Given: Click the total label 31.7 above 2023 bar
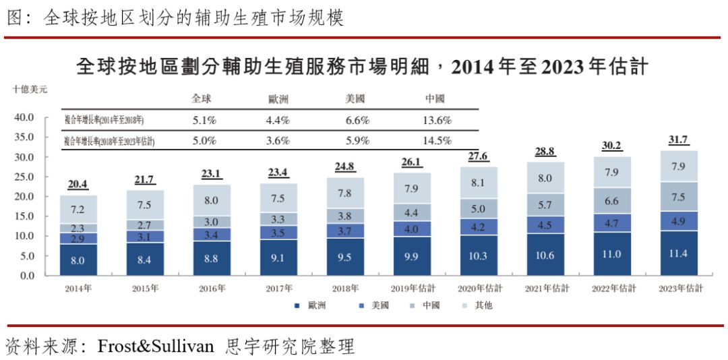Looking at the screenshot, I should (x=679, y=140).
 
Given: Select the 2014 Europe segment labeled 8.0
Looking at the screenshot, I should (x=78, y=260).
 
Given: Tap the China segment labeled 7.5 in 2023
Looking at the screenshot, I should (x=679, y=197).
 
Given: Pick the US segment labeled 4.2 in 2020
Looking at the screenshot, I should (x=479, y=227).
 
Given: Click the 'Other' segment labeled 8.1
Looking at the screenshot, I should (x=479, y=182).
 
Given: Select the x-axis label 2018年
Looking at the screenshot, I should (x=345, y=289).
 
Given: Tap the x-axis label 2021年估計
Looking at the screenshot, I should (x=545, y=289).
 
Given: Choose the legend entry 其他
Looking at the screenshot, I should (x=478, y=305).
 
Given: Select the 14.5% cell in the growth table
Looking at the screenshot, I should (x=434, y=141).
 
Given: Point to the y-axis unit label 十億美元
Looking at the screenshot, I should (x=30, y=88).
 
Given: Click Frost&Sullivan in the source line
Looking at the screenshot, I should (x=156, y=347).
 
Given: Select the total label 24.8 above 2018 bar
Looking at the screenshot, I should (x=345, y=167).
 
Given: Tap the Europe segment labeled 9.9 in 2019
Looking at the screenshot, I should (x=412, y=256).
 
